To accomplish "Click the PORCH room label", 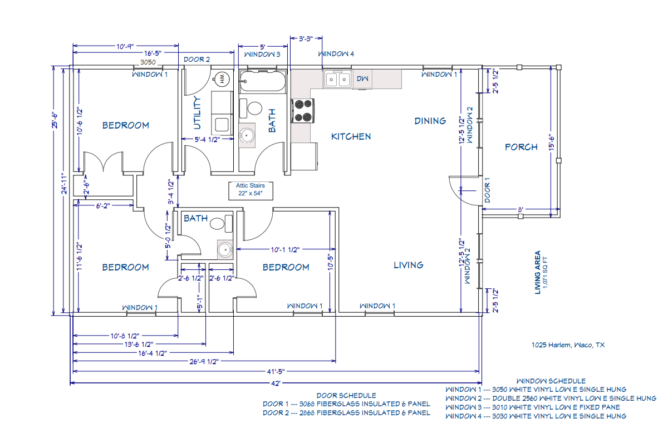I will [x=521, y=147].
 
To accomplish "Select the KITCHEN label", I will [x=351, y=136].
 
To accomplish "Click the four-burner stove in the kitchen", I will [x=303, y=110].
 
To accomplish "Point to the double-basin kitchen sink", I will [x=337, y=80].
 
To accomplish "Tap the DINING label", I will [x=430, y=121].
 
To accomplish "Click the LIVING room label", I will [x=408, y=265].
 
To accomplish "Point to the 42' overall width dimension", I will [x=276, y=383].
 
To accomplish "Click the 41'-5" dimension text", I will [x=276, y=371].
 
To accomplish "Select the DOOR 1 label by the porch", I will [x=487, y=190].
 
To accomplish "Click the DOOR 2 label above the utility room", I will [x=197, y=59].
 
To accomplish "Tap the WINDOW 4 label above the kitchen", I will [x=336, y=54].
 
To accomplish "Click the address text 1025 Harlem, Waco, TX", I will [x=568, y=345].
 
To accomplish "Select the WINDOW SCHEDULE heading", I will [x=551, y=381].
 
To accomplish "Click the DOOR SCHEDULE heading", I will [x=346, y=395].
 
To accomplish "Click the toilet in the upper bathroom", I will [x=254, y=107].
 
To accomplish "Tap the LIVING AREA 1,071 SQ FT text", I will [x=541, y=272].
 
